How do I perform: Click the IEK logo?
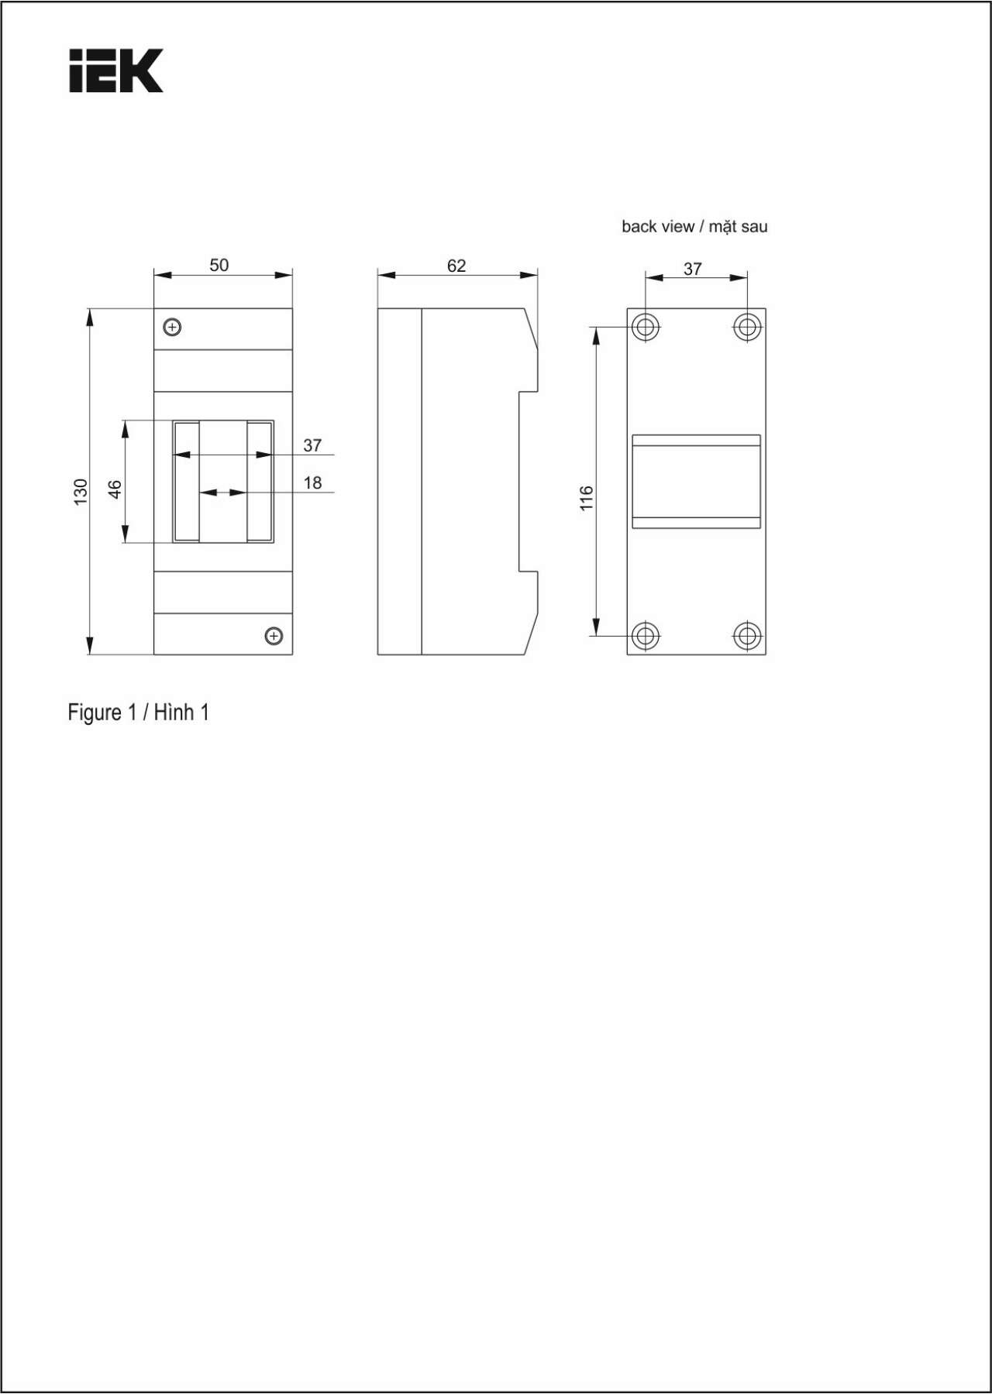click(x=116, y=71)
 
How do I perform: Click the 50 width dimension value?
click(x=219, y=265)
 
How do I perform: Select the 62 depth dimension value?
click(x=456, y=266)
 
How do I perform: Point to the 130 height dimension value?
click(x=81, y=492)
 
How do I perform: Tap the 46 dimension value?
click(x=115, y=489)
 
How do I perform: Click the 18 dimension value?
click(x=312, y=482)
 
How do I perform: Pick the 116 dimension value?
click(x=586, y=498)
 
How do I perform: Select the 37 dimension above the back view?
click(x=693, y=269)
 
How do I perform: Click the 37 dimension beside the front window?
click(x=312, y=445)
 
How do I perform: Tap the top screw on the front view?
click(x=173, y=327)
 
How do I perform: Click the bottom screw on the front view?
click(x=274, y=636)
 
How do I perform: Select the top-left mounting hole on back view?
click(x=645, y=327)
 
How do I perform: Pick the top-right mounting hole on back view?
click(x=747, y=327)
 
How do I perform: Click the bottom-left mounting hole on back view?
click(x=645, y=636)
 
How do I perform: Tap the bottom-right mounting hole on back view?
click(x=747, y=636)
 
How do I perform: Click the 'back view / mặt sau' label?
click(x=694, y=227)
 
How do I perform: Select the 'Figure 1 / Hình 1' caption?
click(x=139, y=712)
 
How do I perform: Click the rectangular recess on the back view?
click(x=696, y=482)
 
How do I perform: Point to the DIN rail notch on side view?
click(x=529, y=481)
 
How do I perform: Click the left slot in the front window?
click(x=187, y=481)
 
